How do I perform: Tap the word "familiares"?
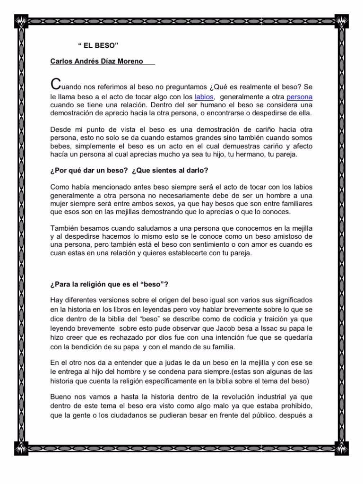(293, 203)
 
